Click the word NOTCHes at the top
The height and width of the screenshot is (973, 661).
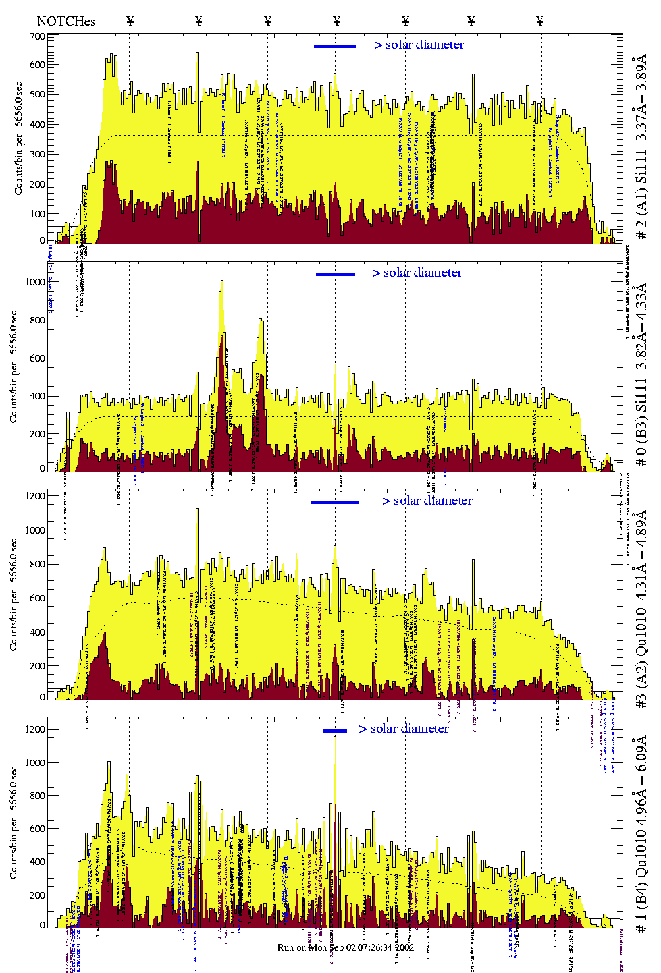coord(66,21)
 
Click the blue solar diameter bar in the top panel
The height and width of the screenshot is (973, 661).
coord(335,46)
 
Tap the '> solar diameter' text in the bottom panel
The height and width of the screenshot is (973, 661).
coord(404,729)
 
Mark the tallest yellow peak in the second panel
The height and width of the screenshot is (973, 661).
coord(222,282)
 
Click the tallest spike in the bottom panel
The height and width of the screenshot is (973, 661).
coord(335,737)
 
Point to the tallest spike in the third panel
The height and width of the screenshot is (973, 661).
coord(198,509)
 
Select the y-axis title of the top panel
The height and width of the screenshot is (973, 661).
coord(18,138)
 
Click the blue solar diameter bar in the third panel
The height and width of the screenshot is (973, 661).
coord(335,502)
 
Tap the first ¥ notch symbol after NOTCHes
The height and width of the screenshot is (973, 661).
coord(130,21)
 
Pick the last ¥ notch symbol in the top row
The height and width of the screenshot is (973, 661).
coord(540,21)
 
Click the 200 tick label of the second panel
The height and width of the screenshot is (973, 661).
coord(37,434)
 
